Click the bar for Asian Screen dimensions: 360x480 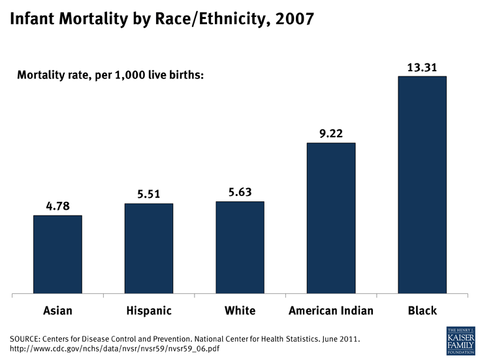click(x=57, y=254)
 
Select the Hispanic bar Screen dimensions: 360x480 click(x=149, y=248)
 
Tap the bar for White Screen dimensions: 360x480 click(x=240, y=248)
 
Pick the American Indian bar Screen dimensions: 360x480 click(x=331, y=218)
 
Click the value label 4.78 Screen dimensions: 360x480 click(x=57, y=206)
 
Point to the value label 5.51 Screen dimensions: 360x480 click(x=149, y=194)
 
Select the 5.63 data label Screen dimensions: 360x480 click(x=240, y=192)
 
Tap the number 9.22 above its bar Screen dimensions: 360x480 click(x=331, y=133)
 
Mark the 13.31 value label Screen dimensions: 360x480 click(x=422, y=67)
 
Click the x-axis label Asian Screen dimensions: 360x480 click(x=57, y=311)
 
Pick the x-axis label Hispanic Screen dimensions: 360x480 click(x=149, y=311)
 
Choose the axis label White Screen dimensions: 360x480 click(x=240, y=311)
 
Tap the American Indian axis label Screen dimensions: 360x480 click(x=331, y=311)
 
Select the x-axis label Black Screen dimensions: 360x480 click(x=422, y=311)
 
